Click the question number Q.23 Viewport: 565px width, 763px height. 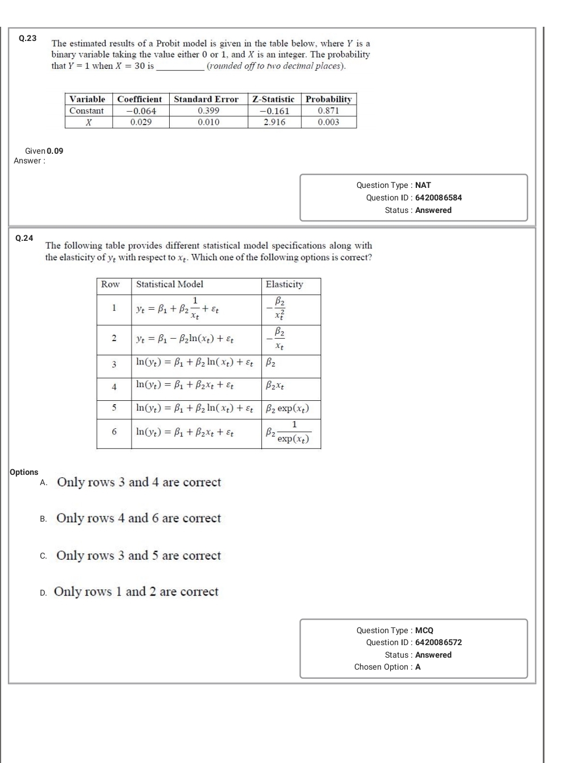point(27,38)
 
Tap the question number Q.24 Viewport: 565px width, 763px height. point(24,238)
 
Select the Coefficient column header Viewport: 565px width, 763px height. point(140,99)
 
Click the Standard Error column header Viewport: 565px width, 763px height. point(206,99)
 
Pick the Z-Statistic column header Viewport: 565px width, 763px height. point(273,99)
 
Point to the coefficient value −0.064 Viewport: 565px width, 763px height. point(141,111)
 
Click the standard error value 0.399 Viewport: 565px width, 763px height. point(208,111)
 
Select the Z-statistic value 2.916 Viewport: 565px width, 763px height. point(275,122)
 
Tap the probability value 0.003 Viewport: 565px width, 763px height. point(329,122)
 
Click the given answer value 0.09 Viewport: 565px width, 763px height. point(55,151)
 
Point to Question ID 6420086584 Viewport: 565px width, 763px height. point(438,198)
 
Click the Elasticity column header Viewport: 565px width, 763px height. point(284,284)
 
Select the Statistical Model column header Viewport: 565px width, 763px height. point(170,284)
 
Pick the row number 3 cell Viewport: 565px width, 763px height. point(114,364)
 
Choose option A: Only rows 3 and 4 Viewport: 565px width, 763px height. point(138,482)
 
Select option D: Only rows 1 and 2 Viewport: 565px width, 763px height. point(136,592)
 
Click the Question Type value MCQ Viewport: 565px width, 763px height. point(424,630)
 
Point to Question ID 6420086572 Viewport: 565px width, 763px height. point(438,642)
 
